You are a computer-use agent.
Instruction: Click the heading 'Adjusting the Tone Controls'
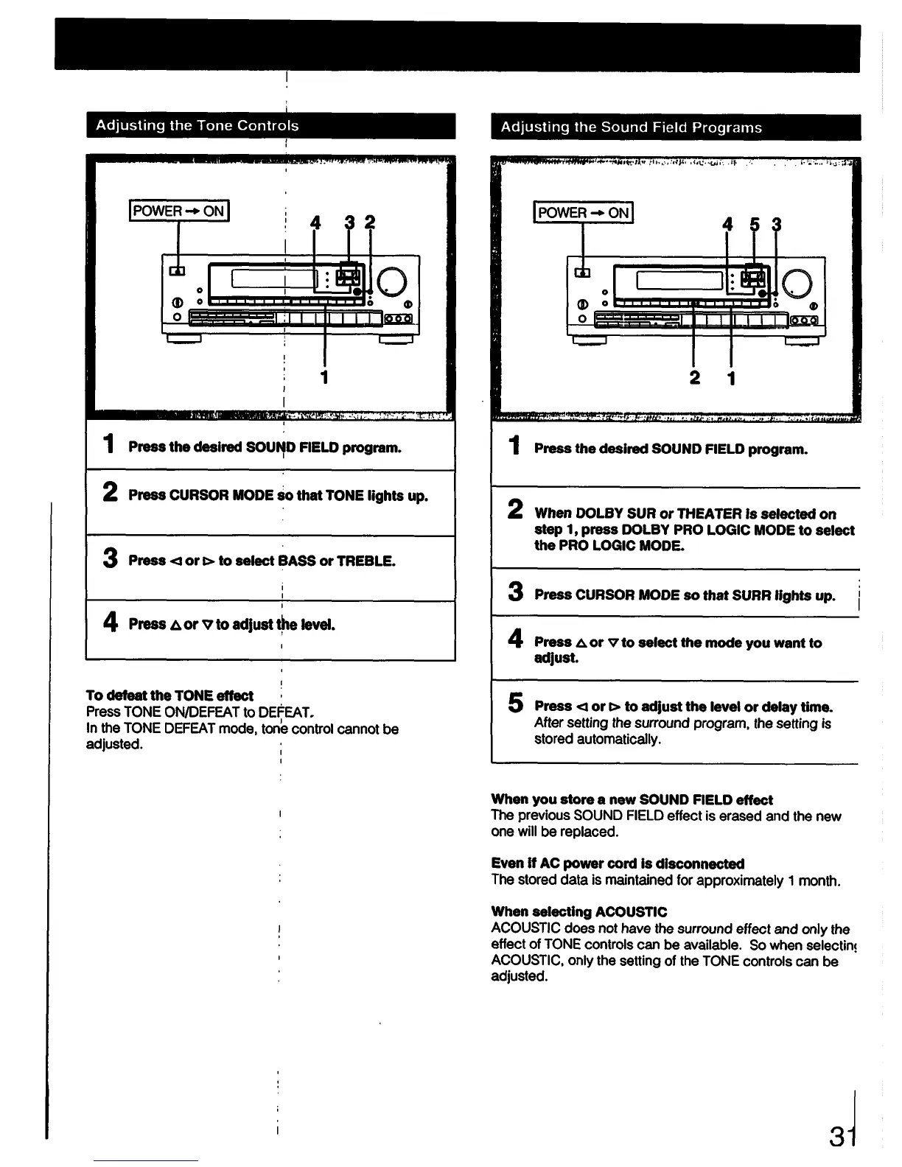tap(197, 126)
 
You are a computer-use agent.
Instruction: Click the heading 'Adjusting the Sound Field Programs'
tap(631, 127)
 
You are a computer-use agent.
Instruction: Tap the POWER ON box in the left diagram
tap(180, 211)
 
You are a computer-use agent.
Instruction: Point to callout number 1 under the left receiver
tap(324, 377)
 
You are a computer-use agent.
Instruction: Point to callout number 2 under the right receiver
tap(694, 379)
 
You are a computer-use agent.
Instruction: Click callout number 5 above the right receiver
tap(753, 225)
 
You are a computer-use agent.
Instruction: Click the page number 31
tap(842, 1136)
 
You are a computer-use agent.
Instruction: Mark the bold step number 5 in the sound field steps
tap(516, 704)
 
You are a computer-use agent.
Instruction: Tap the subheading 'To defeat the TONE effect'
tap(169, 695)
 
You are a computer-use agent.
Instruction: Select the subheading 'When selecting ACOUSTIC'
tap(578, 912)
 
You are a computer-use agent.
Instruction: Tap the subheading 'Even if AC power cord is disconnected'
tap(618, 863)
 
